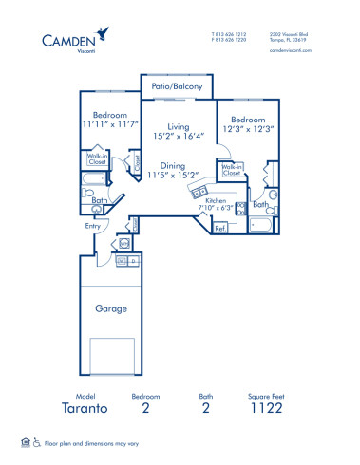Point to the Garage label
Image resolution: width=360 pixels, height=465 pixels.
click(112, 308)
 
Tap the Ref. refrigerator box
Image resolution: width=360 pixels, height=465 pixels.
click(219, 228)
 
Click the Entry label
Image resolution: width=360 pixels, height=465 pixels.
click(92, 226)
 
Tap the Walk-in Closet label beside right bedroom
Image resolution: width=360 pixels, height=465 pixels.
click(231, 172)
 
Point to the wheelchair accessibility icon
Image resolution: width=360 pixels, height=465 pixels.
click(38, 442)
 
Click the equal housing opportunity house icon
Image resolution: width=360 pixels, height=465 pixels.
click(25, 442)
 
